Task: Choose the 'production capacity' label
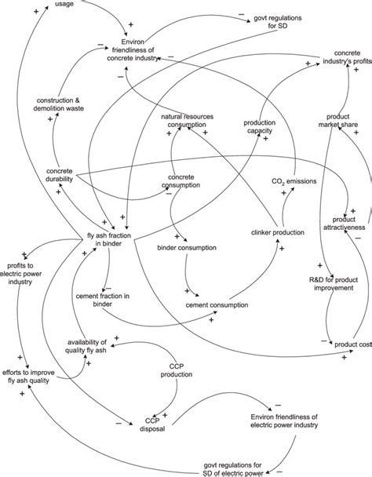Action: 258,126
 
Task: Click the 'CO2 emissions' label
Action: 294,182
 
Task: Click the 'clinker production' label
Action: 278,233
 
